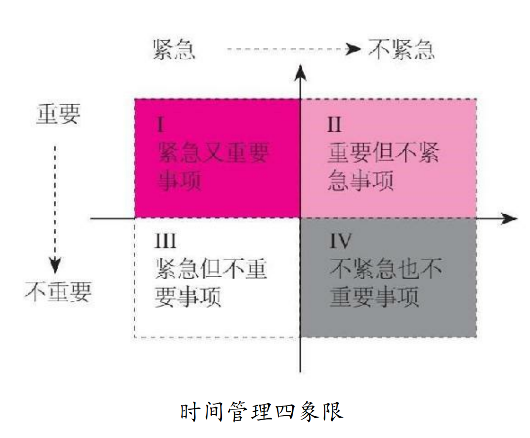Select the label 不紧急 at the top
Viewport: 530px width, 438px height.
(401, 49)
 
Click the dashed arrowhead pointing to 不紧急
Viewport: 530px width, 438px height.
(355, 49)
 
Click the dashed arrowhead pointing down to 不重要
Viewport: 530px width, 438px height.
(55, 265)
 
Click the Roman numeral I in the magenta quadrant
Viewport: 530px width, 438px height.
(160, 125)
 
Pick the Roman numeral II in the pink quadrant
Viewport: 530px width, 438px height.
(334, 125)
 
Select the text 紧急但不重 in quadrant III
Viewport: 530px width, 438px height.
(211, 269)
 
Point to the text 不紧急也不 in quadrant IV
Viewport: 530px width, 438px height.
(386, 269)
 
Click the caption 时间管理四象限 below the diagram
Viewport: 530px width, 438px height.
(262, 412)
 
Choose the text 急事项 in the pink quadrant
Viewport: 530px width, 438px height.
(360, 182)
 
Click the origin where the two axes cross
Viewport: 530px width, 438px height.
(301, 219)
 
